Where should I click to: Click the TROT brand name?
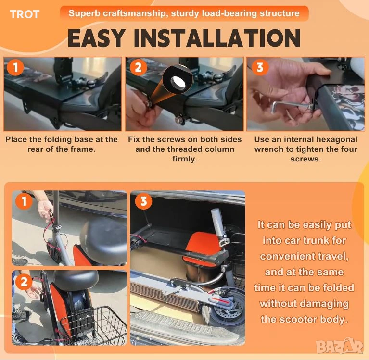25,14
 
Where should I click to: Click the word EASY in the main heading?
96,38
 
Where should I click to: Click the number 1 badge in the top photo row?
15,67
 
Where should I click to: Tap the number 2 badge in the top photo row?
138,67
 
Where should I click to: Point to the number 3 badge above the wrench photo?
260,67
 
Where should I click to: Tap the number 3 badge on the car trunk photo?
143,201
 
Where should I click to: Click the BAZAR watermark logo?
339,346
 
